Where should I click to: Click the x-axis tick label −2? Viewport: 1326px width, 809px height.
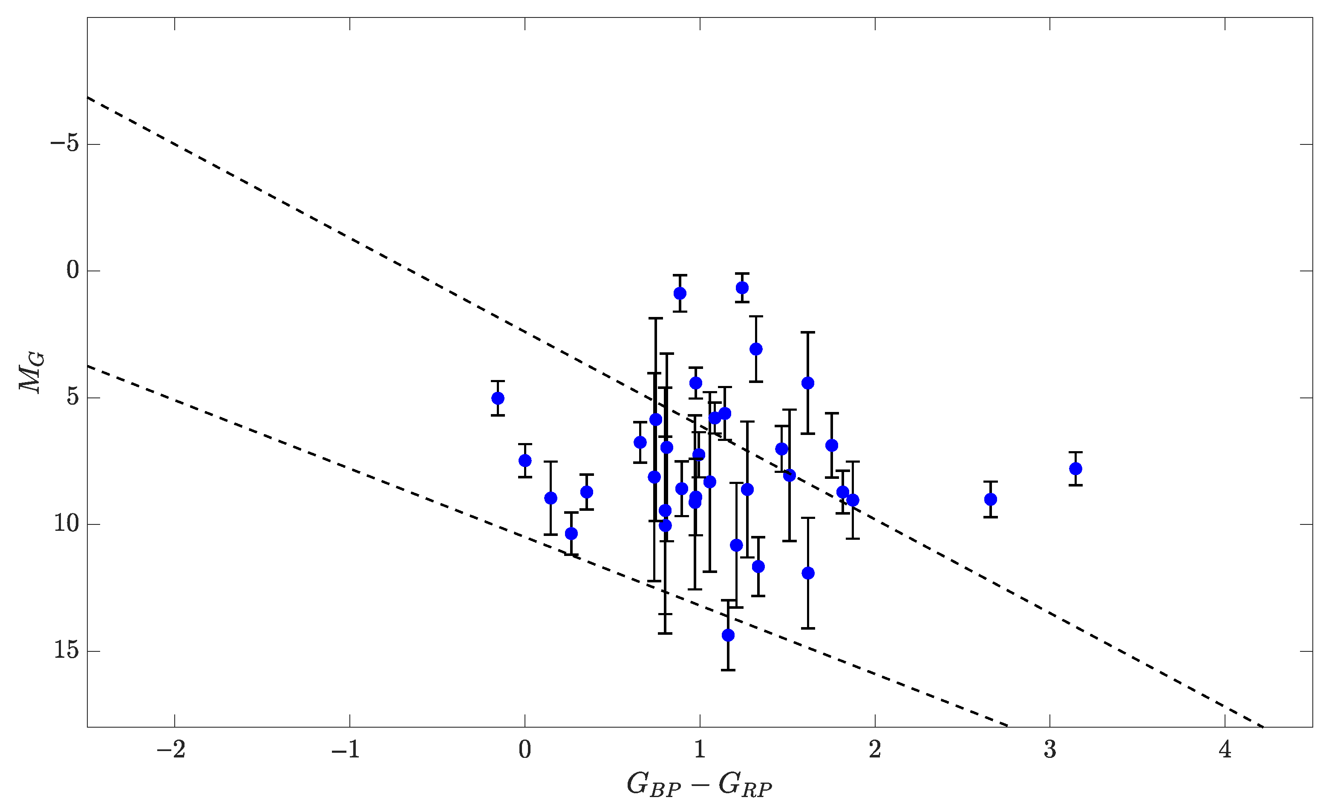[172, 750]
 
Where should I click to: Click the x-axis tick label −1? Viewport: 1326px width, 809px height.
[346, 750]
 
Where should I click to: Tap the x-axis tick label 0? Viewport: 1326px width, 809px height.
[525, 750]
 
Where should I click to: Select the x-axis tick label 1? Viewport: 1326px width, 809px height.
[700, 750]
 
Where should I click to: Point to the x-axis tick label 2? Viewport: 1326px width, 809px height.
[875, 750]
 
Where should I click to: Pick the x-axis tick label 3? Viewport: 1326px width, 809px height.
[1050, 750]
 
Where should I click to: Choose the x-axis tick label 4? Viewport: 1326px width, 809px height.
[1225, 750]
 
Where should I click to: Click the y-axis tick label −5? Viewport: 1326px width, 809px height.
[65, 144]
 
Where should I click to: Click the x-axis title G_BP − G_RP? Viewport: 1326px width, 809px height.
[700, 785]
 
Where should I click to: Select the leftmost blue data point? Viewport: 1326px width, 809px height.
[498, 398]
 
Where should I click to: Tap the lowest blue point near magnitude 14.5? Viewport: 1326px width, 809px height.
[728, 635]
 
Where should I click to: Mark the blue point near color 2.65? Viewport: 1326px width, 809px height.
[991, 499]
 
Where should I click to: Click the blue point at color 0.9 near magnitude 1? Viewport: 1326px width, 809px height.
[680, 293]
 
